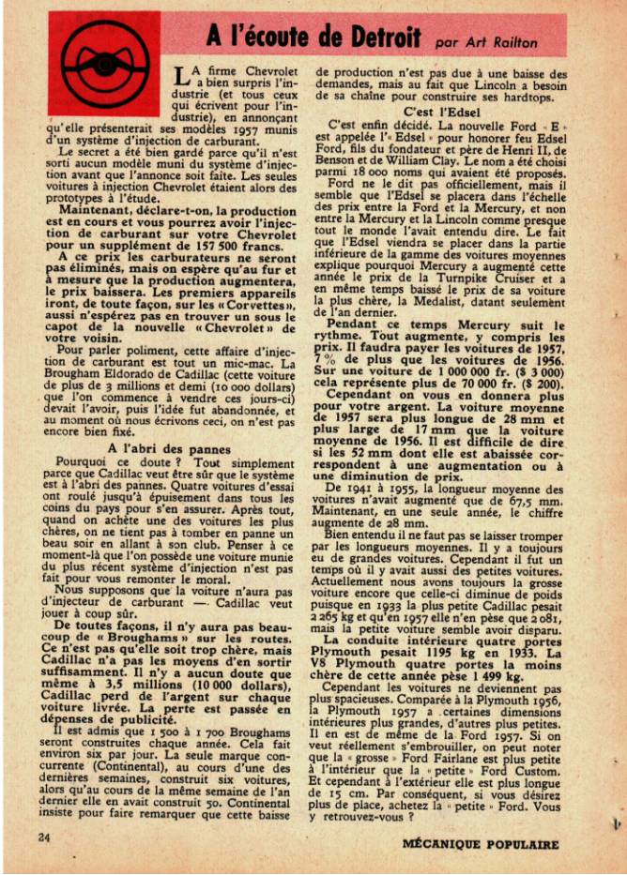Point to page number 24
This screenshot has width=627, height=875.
(x=43, y=834)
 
